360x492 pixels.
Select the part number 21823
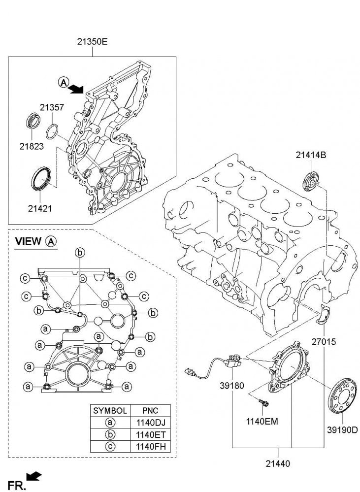point(32,146)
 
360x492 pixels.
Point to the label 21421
point(40,208)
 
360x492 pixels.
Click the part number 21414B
point(311,156)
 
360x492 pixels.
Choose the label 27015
point(323,340)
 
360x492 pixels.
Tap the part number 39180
point(232,387)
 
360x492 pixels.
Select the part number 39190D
point(342,429)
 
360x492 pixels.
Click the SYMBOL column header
point(110,410)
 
